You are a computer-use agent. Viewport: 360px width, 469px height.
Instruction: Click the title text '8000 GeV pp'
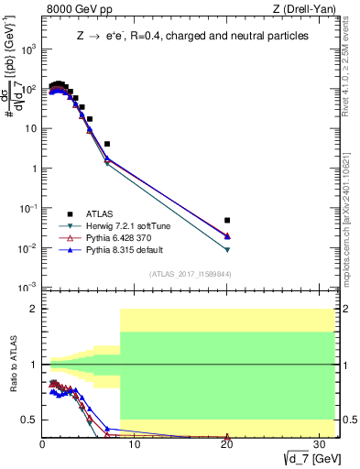click(76, 10)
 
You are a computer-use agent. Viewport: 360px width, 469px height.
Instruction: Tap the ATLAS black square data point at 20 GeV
click(227, 220)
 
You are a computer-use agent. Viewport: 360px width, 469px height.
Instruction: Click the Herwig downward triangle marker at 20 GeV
click(227, 250)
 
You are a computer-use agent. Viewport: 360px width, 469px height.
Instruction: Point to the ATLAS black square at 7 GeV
click(107, 144)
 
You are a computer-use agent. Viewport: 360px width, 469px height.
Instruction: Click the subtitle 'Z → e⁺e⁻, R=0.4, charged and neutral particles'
click(191, 36)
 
